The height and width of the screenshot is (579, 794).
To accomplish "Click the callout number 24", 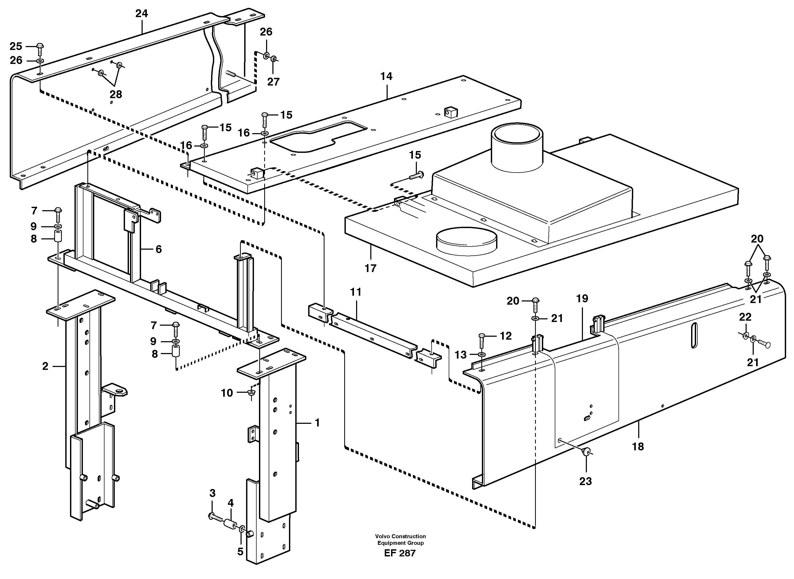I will (142, 14).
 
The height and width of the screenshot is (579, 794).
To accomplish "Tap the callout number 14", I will (386, 76).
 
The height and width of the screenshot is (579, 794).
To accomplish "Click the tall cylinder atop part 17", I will (517, 147).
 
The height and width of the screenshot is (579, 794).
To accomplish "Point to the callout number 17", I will (370, 269).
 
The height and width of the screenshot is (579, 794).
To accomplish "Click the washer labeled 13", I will (482, 355).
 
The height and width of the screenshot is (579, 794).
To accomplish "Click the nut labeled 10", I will (251, 393).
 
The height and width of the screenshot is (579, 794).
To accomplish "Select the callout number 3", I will (212, 494).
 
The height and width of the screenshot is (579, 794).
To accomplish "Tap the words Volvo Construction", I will (400, 536).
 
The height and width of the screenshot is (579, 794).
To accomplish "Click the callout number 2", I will (45, 366).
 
